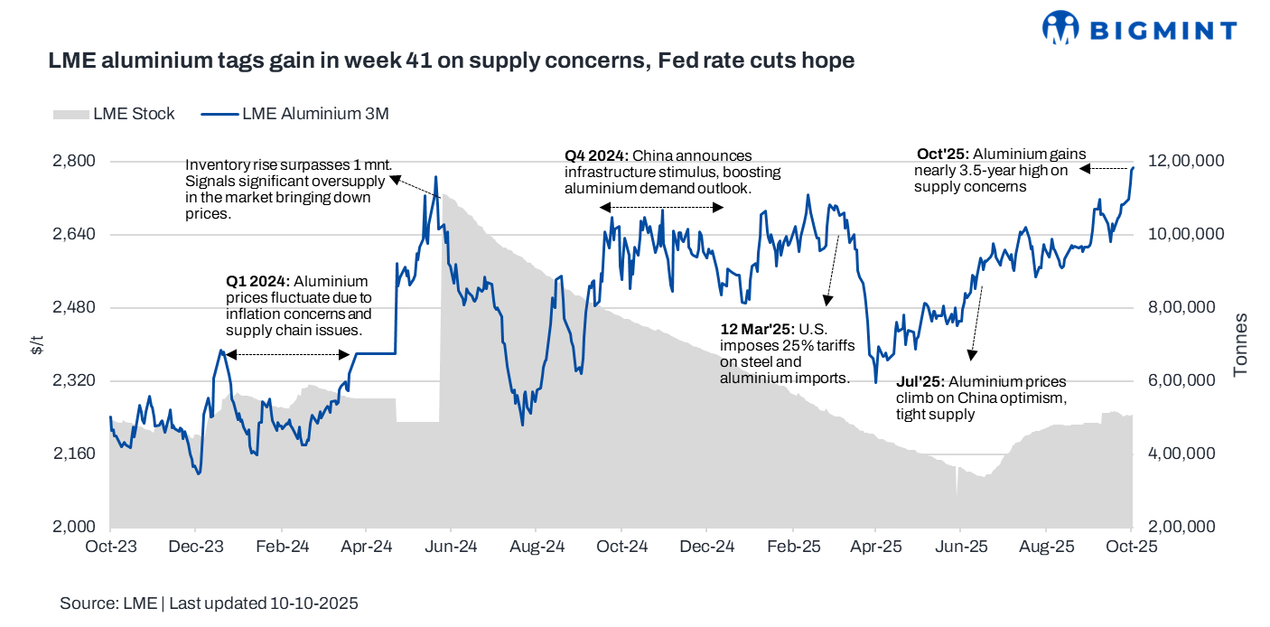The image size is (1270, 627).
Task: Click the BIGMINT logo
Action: pyautogui.click(x=1139, y=29)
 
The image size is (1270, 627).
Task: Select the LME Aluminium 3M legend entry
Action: pyautogui.click(x=294, y=114)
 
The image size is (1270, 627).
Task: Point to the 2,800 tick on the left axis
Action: pyautogui.click(x=76, y=161)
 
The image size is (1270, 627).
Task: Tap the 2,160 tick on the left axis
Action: pyautogui.click(x=76, y=454)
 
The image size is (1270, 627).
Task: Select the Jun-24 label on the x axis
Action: pyautogui.click(x=451, y=547)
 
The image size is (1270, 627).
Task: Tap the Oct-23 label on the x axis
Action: pyautogui.click(x=110, y=547)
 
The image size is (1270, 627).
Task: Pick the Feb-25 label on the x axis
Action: pyautogui.click(x=792, y=547)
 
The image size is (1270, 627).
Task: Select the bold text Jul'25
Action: pyautogui.click(x=918, y=381)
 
